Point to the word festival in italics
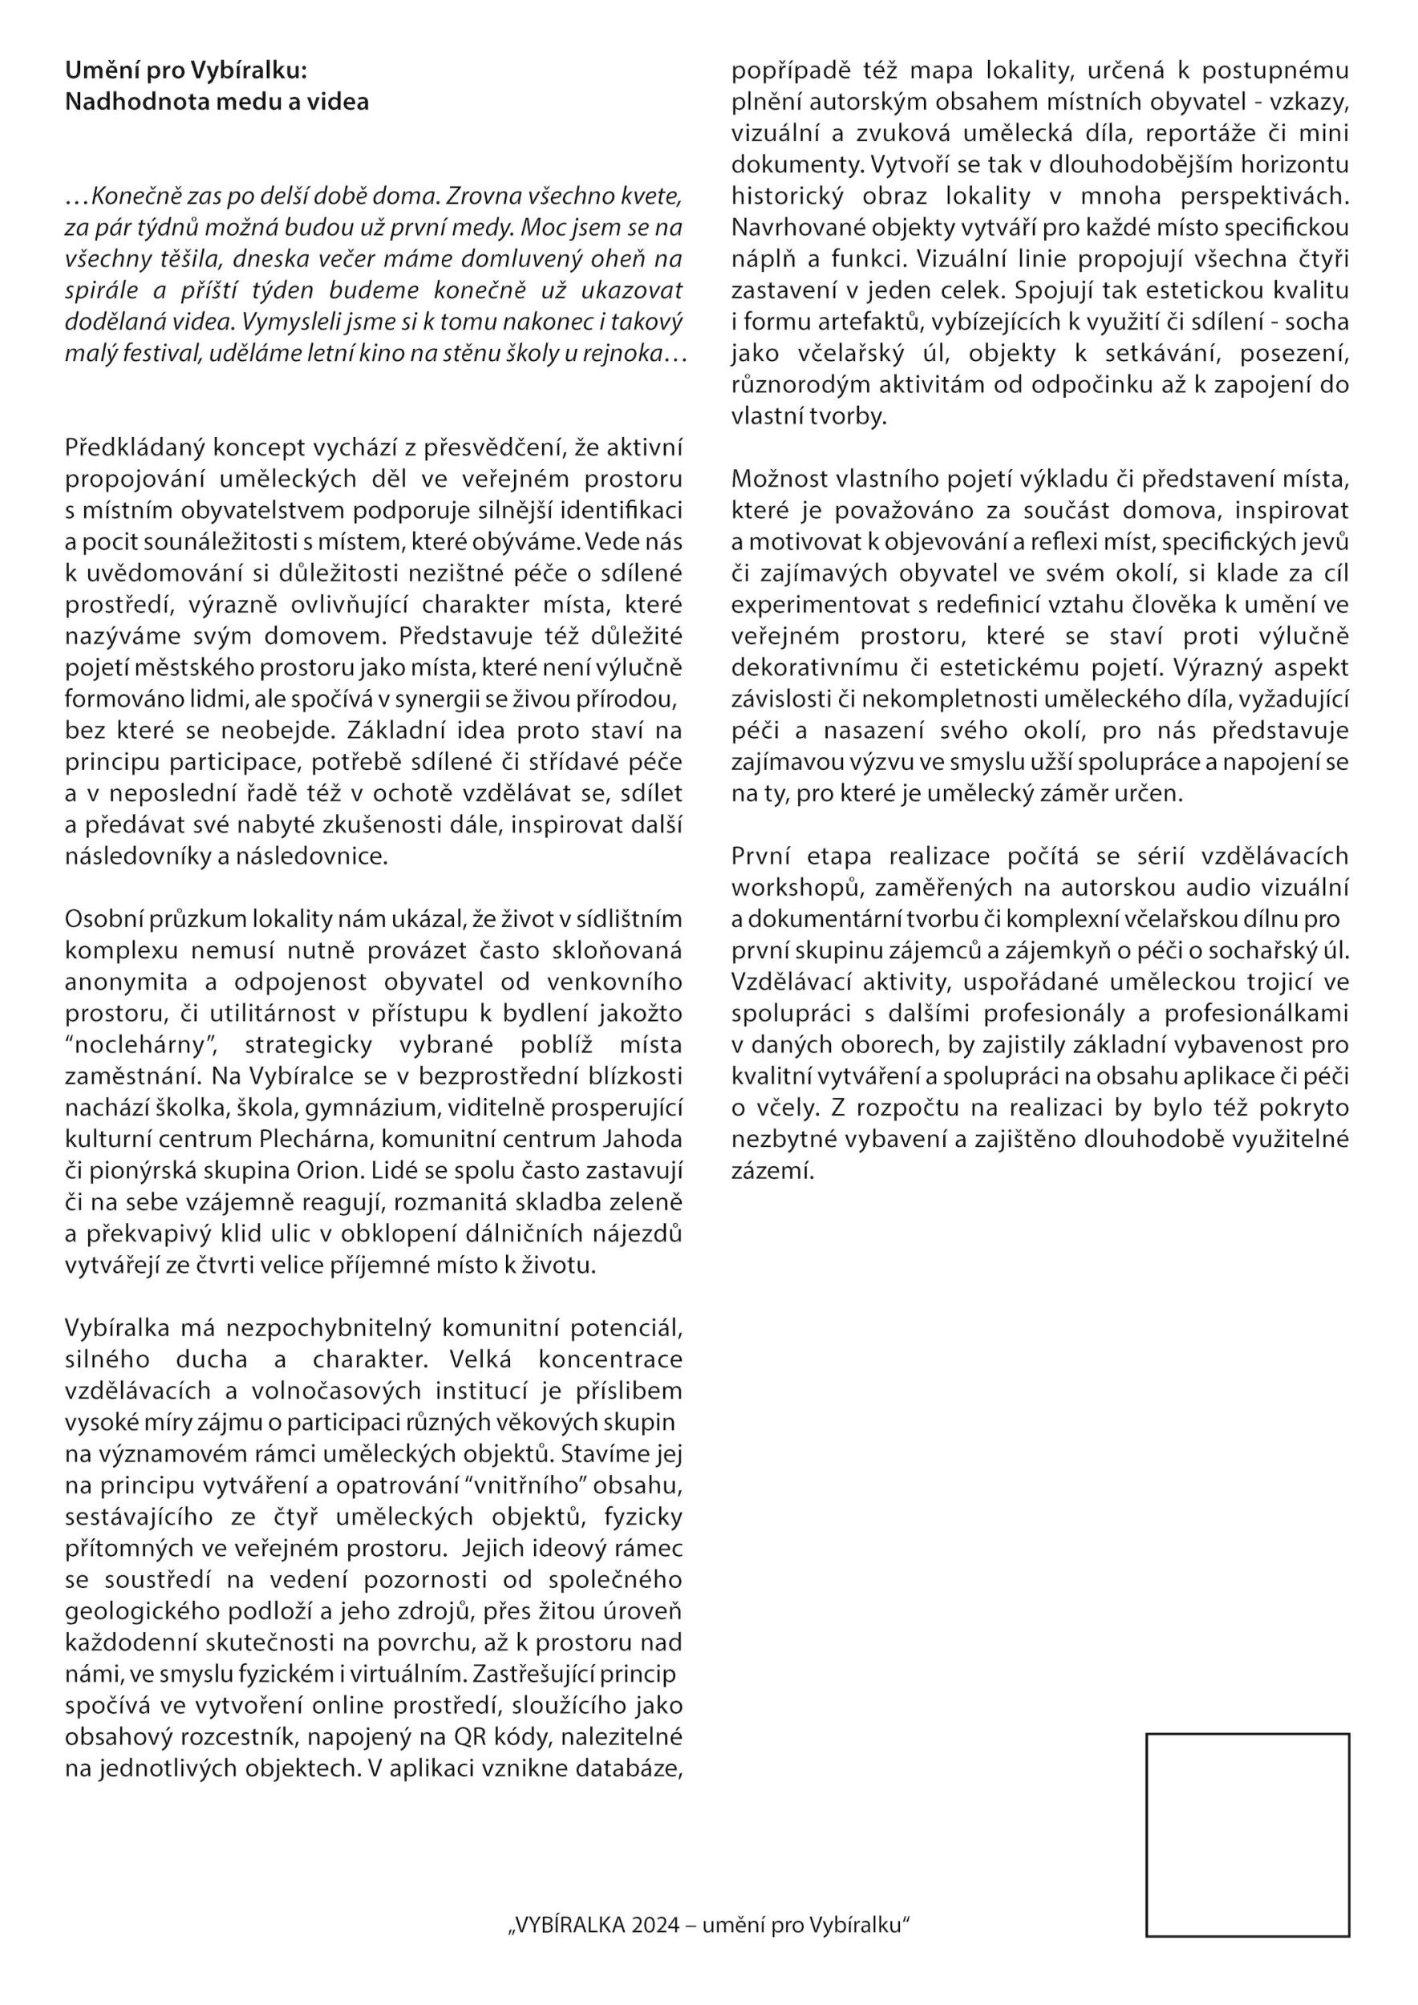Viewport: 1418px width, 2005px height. (x=148, y=354)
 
